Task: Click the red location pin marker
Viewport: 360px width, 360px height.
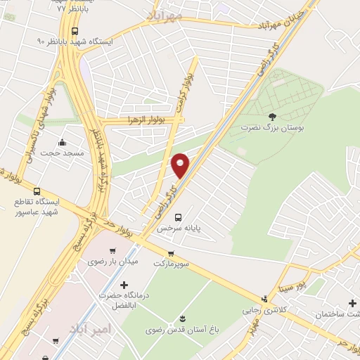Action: pyautogui.click(x=181, y=165)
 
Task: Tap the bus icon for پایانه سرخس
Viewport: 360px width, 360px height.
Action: pyautogui.click(x=178, y=217)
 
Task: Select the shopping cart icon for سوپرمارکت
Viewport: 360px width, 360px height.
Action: pyautogui.click(x=171, y=254)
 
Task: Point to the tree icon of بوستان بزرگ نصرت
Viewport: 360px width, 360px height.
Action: pyautogui.click(x=273, y=117)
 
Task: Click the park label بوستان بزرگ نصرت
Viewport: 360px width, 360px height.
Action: pyautogui.click(x=269, y=129)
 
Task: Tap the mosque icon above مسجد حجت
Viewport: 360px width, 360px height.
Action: pyautogui.click(x=63, y=141)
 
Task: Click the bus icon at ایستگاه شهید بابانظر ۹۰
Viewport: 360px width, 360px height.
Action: pyautogui.click(x=75, y=31)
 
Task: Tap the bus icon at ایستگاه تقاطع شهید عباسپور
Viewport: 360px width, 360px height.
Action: pyautogui.click(x=37, y=191)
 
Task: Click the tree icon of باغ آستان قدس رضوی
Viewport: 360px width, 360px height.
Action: pyautogui.click(x=183, y=319)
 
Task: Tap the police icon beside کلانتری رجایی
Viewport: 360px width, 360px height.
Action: pyautogui.click(x=264, y=299)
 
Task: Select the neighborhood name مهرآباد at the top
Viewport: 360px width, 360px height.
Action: pyautogui.click(x=164, y=13)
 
